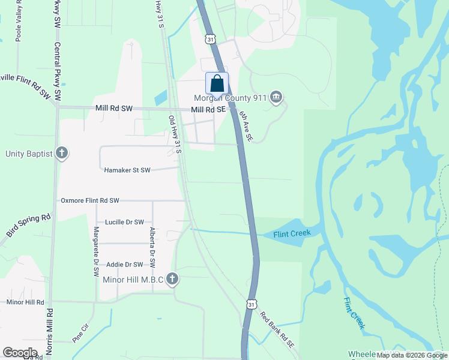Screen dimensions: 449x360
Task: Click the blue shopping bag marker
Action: pyautogui.click(x=217, y=83)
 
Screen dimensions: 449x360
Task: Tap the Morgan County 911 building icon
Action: pyautogui.click(x=276, y=97)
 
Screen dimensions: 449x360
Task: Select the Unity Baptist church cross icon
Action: pyautogui.click(x=61, y=153)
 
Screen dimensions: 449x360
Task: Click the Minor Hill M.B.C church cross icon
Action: pyautogui.click(x=173, y=278)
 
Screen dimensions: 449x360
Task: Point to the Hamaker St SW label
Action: pyautogui.click(x=127, y=170)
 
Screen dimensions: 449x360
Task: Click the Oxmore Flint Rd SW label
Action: pyautogui.click(x=90, y=200)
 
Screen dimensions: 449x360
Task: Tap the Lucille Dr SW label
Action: pyautogui.click(x=125, y=222)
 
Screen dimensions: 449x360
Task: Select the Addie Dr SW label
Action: pyautogui.click(x=125, y=265)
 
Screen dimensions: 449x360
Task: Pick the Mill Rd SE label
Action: pyautogui.click(x=208, y=110)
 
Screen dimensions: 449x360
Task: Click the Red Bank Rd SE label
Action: pyautogui.click(x=277, y=331)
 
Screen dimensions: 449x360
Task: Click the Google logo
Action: pyautogui.click(x=20, y=353)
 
